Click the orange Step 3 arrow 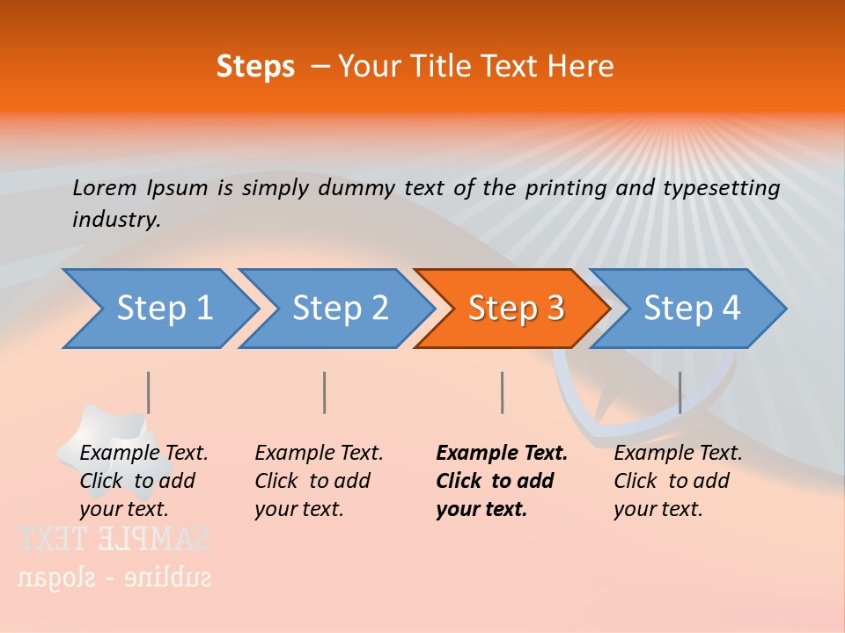515,309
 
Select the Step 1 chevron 164,309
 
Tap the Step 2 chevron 340,309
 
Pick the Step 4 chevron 691,309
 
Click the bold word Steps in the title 255,67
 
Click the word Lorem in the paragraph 104,187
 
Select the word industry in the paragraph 115,220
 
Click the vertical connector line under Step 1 148,392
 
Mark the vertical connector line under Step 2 324,392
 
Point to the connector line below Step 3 502,392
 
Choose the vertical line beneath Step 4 680,392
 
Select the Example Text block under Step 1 143,481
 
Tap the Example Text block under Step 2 319,481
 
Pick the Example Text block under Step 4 678,481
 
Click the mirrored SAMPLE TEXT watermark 114,538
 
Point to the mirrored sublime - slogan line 114,577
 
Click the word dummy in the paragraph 364,188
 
